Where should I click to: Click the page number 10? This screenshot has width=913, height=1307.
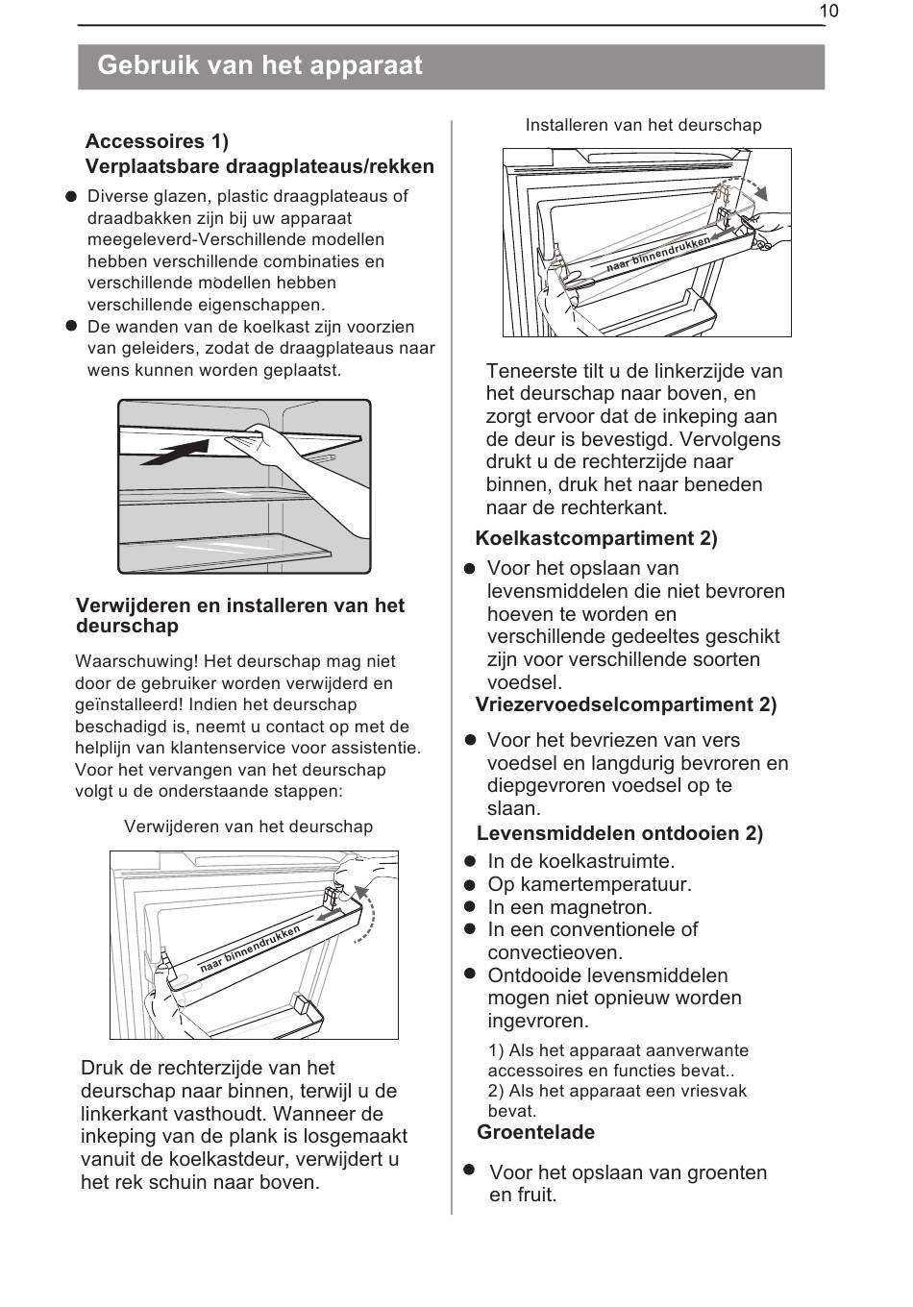(x=829, y=11)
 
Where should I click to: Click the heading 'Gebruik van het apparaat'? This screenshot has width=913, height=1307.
(x=259, y=65)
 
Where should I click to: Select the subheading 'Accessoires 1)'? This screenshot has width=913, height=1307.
(x=157, y=141)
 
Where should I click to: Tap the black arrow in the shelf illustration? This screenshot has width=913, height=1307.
(x=178, y=452)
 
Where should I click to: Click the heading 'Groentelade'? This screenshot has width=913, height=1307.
(x=535, y=1132)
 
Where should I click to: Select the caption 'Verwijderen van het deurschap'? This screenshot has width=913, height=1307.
(x=248, y=826)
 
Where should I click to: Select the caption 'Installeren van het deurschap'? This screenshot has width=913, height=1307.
(x=643, y=125)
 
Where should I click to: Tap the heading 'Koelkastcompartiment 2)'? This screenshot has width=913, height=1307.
(x=596, y=538)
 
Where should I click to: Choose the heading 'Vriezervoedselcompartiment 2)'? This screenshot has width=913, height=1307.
(x=626, y=704)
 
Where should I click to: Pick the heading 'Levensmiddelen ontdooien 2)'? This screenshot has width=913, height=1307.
(x=619, y=833)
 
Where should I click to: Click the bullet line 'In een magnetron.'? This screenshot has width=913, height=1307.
(x=569, y=907)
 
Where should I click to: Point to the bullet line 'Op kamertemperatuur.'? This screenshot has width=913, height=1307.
(x=589, y=884)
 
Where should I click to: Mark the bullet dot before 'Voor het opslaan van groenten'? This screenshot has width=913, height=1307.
(x=470, y=1170)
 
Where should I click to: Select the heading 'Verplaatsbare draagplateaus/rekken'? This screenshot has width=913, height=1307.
(x=259, y=166)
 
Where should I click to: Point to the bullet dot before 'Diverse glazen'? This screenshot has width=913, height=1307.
(x=71, y=196)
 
